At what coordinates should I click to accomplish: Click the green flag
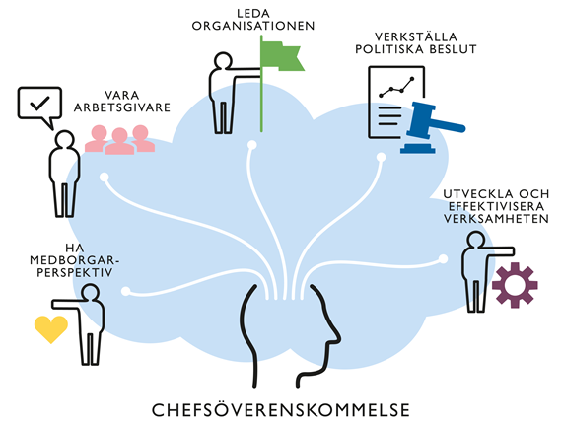pos(281,57)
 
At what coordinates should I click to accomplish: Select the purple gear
pos(515,285)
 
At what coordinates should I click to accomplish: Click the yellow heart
pos(51,329)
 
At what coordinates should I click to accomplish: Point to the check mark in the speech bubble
pos(39,103)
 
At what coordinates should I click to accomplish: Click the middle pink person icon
pos(119,141)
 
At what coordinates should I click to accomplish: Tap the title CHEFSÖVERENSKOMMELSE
pos(281,410)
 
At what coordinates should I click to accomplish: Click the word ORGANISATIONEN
pos(253,26)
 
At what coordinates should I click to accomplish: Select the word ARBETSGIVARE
pos(122,107)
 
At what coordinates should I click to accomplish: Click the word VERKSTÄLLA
pos(416,36)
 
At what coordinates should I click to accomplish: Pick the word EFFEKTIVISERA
pos(496,206)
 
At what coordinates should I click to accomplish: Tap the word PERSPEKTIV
pos(75,272)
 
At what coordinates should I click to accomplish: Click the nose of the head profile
pos(337,337)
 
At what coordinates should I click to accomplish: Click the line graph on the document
pos(396,87)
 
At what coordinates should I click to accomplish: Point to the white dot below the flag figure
pos(252,145)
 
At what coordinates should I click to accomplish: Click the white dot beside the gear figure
pos(443,258)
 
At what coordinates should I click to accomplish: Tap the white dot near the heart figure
pos(126,291)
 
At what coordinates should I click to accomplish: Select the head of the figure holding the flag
pos(223,61)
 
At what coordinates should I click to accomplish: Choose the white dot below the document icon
pos(381,157)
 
